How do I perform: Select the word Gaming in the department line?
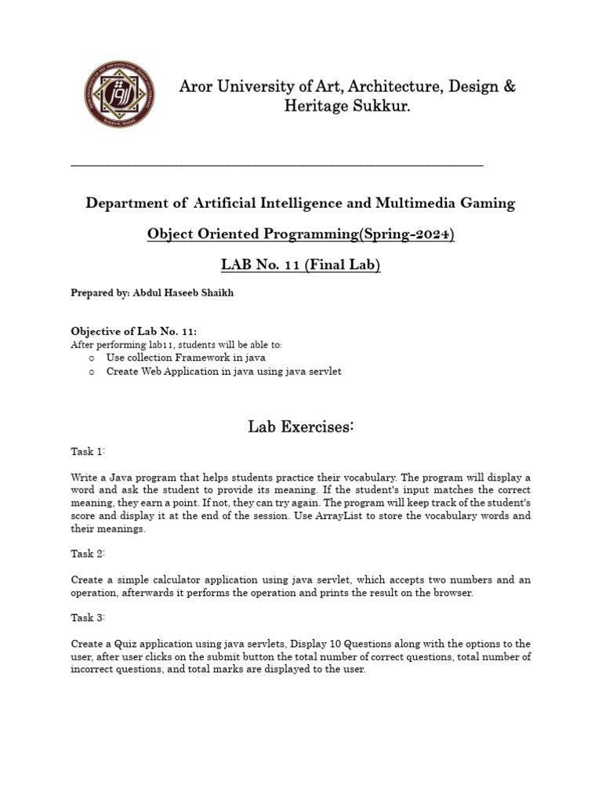click(490, 203)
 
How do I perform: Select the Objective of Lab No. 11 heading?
click(129, 332)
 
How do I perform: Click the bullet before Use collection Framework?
click(92, 358)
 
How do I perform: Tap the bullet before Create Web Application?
click(92, 372)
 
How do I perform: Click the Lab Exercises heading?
click(301, 427)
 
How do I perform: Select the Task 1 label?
click(88, 452)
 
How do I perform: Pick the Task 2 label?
click(88, 554)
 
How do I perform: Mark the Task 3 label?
click(88, 618)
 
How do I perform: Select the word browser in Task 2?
click(453, 593)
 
